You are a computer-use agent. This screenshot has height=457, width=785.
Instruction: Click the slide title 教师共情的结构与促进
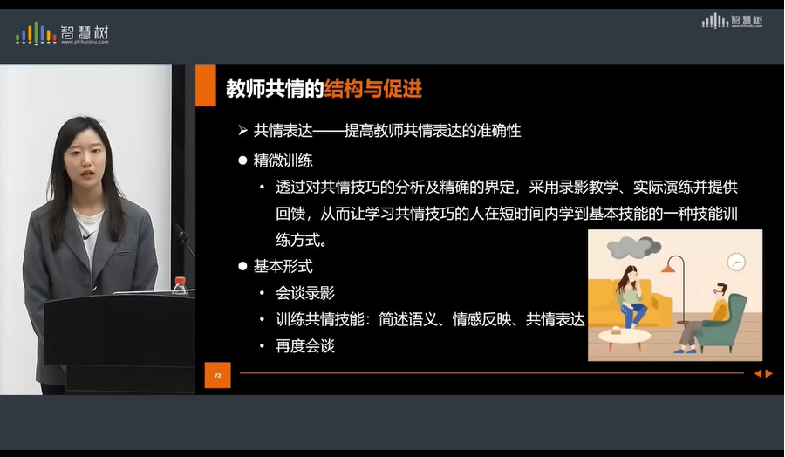(x=324, y=87)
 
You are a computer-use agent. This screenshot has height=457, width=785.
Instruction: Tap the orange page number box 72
(x=217, y=375)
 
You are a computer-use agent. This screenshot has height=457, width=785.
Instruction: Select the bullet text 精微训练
(x=283, y=160)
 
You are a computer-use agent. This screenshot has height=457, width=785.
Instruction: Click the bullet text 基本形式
(x=283, y=266)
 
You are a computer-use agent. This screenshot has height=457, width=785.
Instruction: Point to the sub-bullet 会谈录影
(x=305, y=293)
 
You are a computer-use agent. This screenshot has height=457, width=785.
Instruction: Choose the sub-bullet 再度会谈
(x=305, y=346)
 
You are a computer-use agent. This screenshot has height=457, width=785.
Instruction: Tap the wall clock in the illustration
(x=736, y=262)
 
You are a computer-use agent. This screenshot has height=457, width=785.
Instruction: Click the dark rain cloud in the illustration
(x=633, y=249)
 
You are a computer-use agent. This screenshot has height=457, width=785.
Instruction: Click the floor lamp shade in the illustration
(x=674, y=263)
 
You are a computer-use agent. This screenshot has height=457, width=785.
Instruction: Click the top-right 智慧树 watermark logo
(x=733, y=20)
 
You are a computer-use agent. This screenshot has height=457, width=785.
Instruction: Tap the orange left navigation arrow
(x=758, y=373)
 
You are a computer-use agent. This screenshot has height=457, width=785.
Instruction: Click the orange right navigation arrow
(x=769, y=373)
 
